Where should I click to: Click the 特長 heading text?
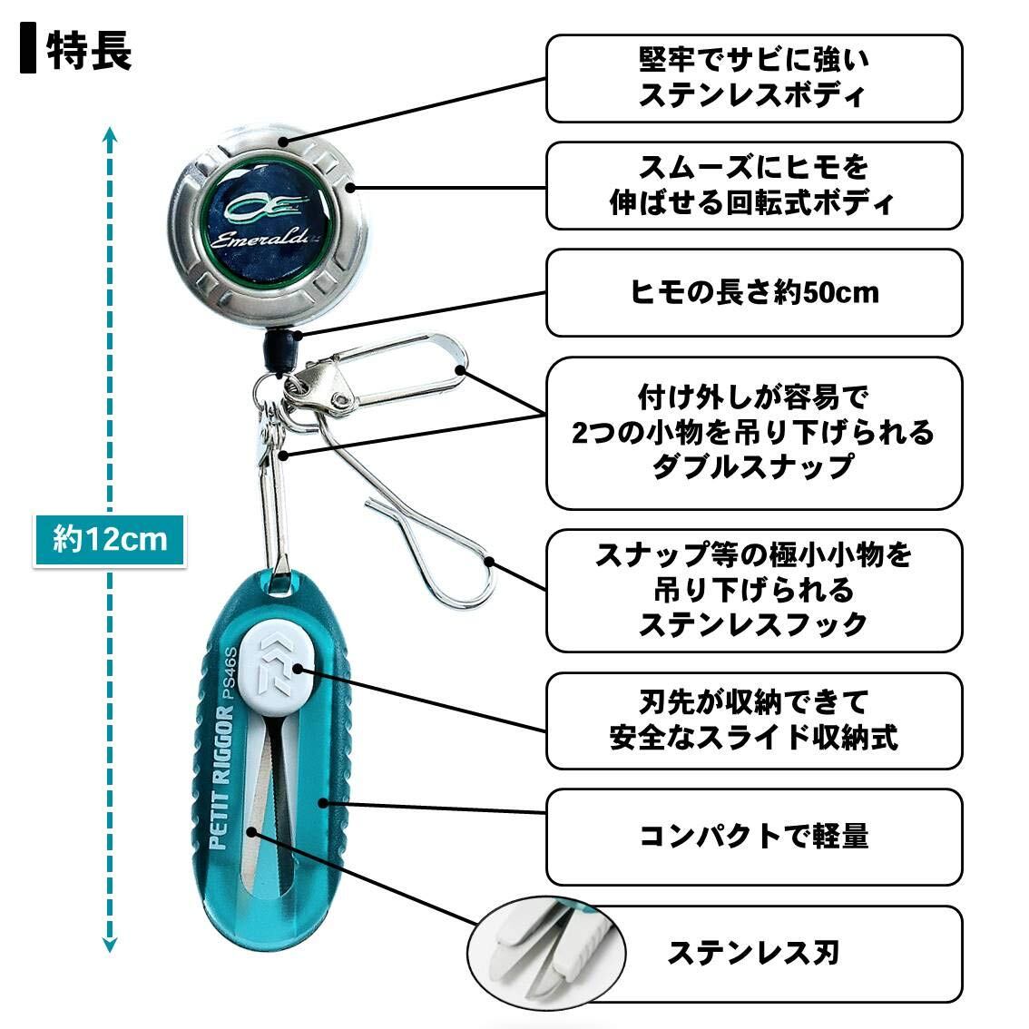coord(89,51)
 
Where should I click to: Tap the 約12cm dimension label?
coord(110,540)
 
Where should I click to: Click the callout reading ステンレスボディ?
coord(753,79)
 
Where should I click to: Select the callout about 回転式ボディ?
coord(753,185)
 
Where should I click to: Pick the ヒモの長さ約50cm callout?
coord(753,292)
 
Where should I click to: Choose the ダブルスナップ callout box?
coord(753,432)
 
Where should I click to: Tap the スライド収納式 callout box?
coord(753,720)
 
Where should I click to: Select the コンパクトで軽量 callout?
coord(753,836)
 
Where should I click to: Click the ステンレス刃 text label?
coord(753,953)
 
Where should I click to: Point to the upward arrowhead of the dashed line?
coord(109,136)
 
